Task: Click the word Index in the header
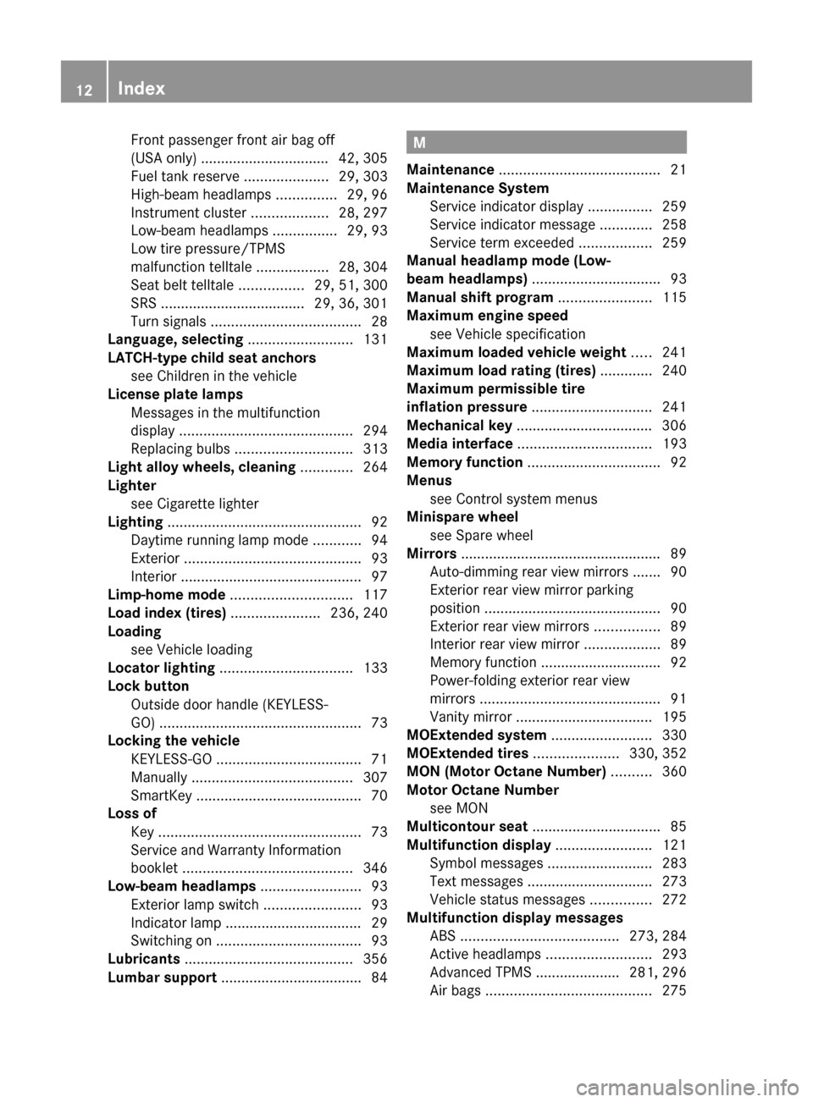pyautogui.click(x=141, y=88)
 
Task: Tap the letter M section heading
pyautogui.click(x=420, y=143)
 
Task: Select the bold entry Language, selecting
pyautogui.click(x=175, y=339)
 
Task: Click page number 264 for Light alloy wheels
pyautogui.click(x=375, y=467)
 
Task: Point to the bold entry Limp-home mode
pyautogui.click(x=166, y=595)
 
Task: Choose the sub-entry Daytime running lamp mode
pyautogui.click(x=219, y=540)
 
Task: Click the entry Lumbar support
pyautogui.click(x=162, y=978)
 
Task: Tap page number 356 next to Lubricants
pyautogui.click(x=375, y=959)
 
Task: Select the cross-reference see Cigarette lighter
pyautogui.click(x=195, y=504)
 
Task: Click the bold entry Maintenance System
pyautogui.click(x=478, y=188)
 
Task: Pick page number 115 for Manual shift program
pyautogui.click(x=674, y=297)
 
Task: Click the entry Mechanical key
pyautogui.click(x=459, y=425)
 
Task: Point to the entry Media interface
pyautogui.click(x=460, y=444)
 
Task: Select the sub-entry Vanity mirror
pyautogui.click(x=471, y=717)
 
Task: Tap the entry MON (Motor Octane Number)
pyautogui.click(x=506, y=771)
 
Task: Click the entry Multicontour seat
pyautogui.click(x=467, y=826)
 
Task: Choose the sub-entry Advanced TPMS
pyautogui.click(x=480, y=973)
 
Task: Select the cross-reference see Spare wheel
pyautogui.click(x=481, y=535)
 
